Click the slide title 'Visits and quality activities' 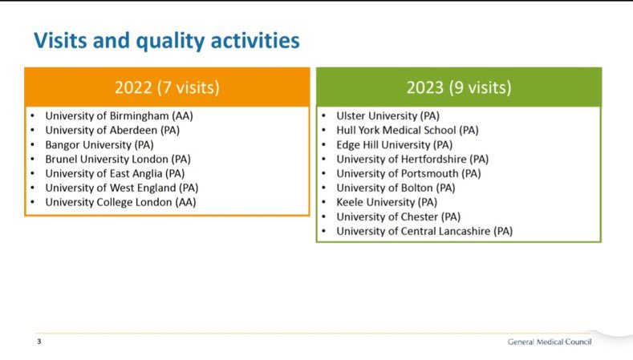point(167,41)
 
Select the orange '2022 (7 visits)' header point(167,87)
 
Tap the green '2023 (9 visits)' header point(459,87)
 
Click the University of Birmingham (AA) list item point(119,115)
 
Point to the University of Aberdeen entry point(112,131)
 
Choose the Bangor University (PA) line point(99,145)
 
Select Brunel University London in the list point(118,159)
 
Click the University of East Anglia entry point(115,173)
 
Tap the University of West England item point(121,188)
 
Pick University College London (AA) point(120,202)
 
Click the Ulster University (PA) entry point(388,115)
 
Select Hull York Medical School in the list point(408,131)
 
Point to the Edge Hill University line point(395,145)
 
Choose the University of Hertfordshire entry point(412,159)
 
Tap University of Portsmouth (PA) point(408,173)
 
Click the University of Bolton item point(396,188)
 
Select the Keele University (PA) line point(387,202)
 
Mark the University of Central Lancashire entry point(424,231)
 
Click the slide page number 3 point(39,342)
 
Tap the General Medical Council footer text point(550,342)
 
